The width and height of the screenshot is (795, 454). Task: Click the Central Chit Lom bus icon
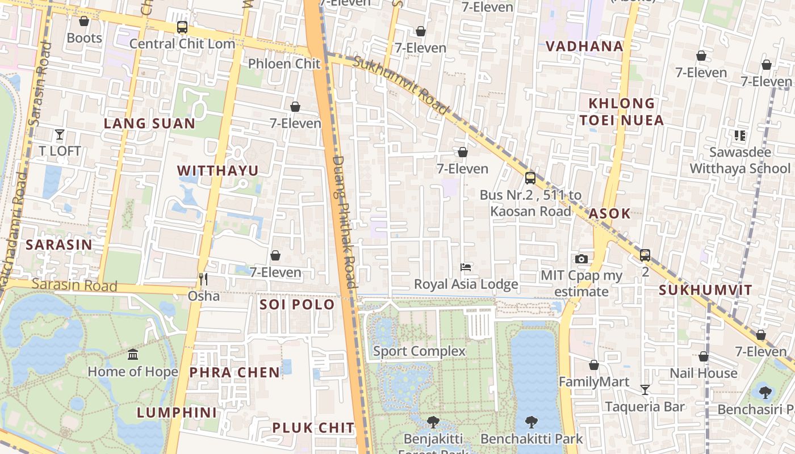click(182, 27)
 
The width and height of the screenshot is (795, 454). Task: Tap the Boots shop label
click(84, 38)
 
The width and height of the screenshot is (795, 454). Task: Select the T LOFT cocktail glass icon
click(60, 134)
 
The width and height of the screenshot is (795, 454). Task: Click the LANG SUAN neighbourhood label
click(149, 123)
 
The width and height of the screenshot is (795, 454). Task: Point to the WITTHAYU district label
click(217, 170)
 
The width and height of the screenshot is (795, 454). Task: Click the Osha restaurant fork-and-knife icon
click(203, 279)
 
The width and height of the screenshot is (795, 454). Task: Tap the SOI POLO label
click(297, 305)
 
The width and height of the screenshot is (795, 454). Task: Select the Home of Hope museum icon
click(133, 355)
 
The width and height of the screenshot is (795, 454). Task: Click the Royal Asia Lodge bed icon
click(466, 267)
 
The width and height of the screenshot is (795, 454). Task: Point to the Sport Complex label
click(419, 351)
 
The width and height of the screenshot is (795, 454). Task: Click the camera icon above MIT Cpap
click(581, 259)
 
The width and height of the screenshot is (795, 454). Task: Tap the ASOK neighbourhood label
click(609, 213)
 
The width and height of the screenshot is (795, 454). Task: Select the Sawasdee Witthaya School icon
click(739, 135)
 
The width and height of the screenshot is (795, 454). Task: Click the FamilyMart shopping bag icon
click(594, 365)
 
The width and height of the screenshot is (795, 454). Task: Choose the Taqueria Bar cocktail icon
click(645, 390)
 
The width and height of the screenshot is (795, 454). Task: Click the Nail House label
click(703, 373)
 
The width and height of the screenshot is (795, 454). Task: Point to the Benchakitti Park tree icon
click(532, 422)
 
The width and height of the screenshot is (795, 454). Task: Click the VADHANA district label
click(584, 47)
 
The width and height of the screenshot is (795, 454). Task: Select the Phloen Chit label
click(284, 64)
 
